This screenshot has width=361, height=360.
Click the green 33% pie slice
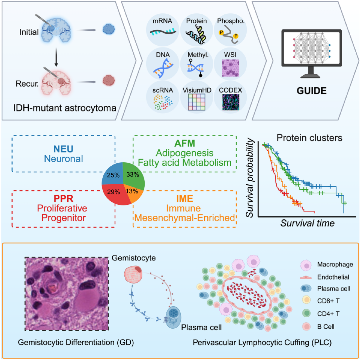coord(133,175)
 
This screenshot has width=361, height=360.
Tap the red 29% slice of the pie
coord(115,194)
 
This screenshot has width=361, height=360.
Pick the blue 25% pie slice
coord(113,174)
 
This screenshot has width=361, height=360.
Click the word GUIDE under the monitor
coord(312,91)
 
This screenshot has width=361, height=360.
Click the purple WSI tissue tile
coord(230,68)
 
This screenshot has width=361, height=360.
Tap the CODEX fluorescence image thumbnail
coord(231,102)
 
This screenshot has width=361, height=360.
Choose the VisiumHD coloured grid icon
coord(197,102)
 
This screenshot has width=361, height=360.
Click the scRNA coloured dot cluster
coord(163,102)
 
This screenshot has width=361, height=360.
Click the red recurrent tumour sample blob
coord(109,80)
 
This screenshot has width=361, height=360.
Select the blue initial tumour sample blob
coord(109,29)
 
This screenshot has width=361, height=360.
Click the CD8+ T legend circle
coord(307,301)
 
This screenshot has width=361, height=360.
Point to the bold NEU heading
coord(63,149)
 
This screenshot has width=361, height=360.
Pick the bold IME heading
coord(185,199)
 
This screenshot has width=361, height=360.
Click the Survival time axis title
coord(308,223)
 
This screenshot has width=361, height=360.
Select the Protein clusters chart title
coord(310,138)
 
